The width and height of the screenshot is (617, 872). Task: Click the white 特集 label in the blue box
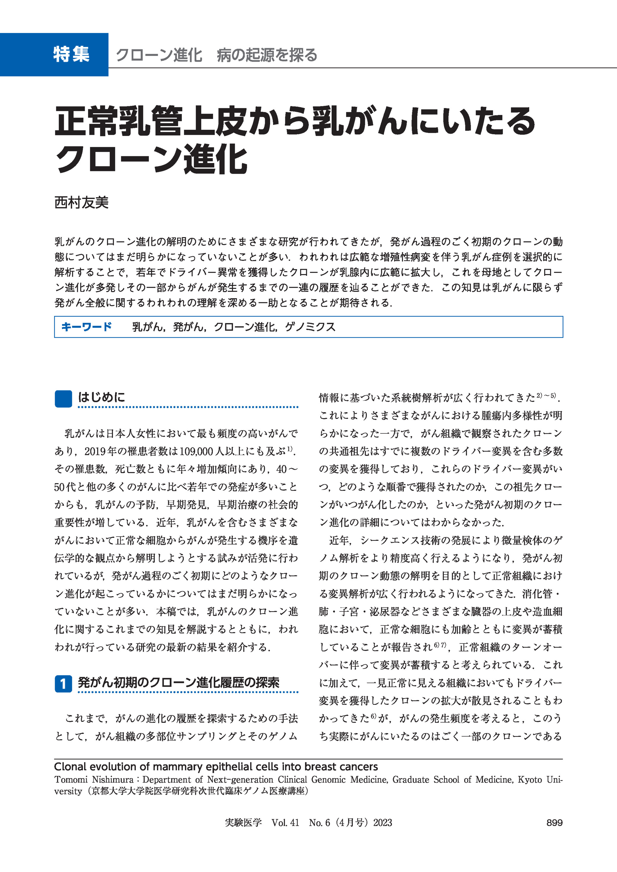[x=71, y=54]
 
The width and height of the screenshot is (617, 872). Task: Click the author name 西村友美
[x=81, y=202]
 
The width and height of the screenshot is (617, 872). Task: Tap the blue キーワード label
[x=86, y=327]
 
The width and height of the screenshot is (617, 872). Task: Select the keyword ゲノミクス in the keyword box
[x=310, y=327]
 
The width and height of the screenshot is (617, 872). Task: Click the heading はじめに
[x=101, y=397]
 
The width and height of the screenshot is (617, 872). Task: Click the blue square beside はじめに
[x=63, y=399]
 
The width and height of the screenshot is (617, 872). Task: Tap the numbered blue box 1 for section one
[x=63, y=684]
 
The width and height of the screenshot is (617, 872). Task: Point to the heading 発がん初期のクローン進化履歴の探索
[x=179, y=682]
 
